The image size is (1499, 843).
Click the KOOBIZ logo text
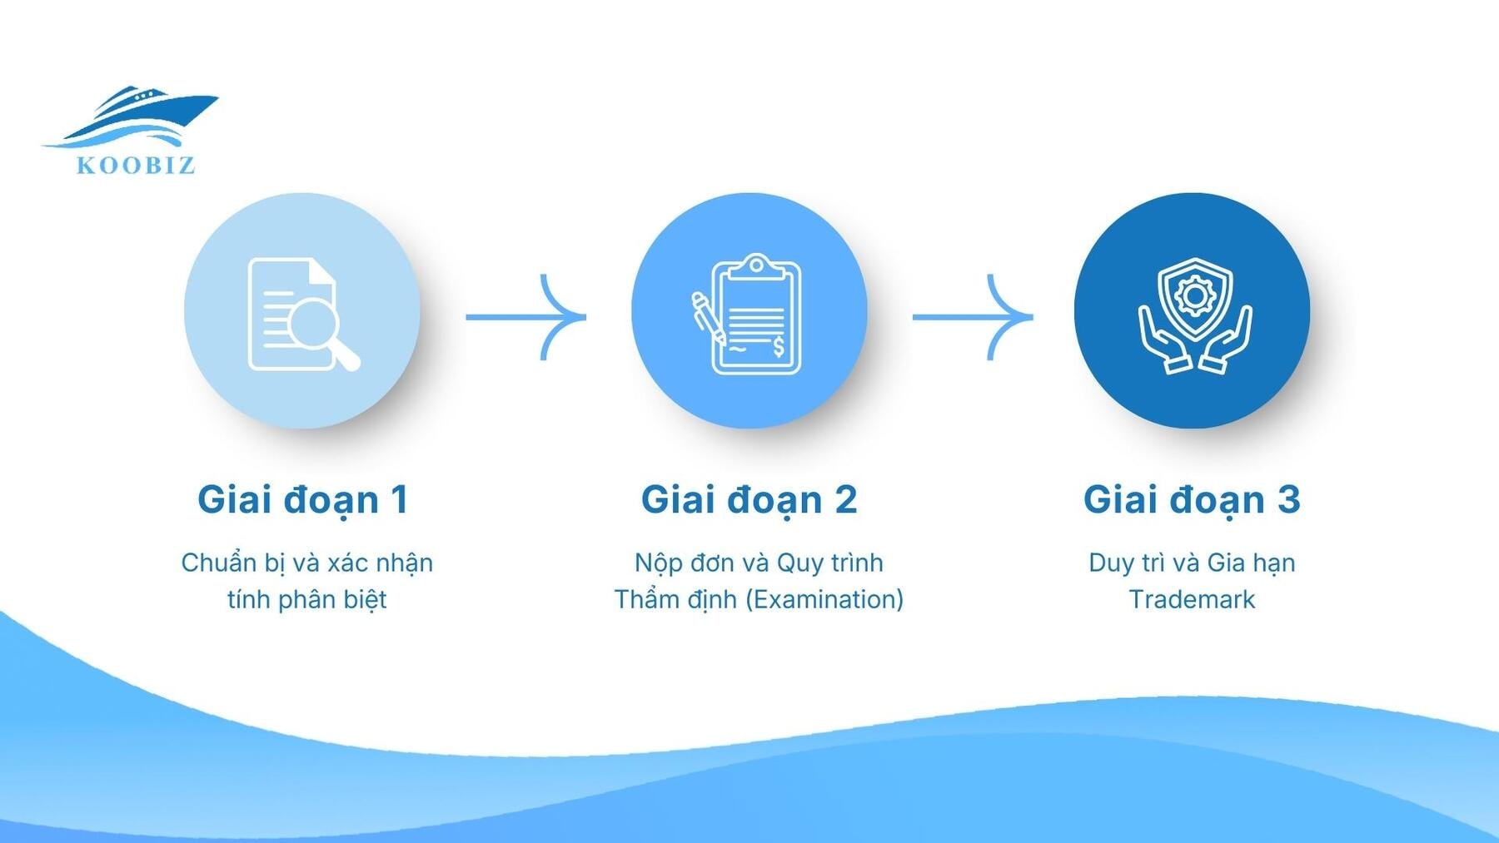pos(136,165)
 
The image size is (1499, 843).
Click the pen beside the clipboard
pos(707,317)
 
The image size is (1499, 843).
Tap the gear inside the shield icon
pos(1194,295)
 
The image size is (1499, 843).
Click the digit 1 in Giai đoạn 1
pos(399,499)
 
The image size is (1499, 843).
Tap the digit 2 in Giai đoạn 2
pos(844,499)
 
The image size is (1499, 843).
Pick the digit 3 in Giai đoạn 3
pos(1287,499)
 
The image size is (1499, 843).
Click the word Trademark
pos(1192,599)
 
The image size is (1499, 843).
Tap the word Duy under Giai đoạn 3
pos(1111,563)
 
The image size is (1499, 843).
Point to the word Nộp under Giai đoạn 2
pos(655,563)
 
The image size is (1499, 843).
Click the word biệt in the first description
pos(366,599)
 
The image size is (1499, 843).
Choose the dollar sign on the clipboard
pos(779,345)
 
